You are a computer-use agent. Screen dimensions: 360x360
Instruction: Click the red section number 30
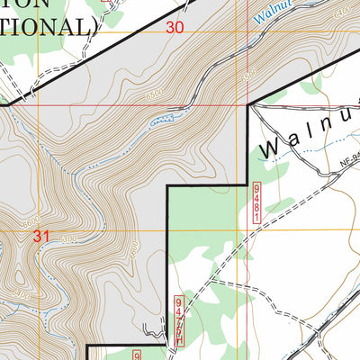click(x=175, y=28)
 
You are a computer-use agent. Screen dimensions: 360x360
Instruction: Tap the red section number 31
click(x=40, y=237)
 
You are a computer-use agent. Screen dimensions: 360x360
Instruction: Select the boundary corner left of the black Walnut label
click(x=247, y=105)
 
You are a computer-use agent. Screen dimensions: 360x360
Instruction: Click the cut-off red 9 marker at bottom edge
click(x=139, y=355)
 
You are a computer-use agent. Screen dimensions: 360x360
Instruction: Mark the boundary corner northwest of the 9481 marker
click(x=168, y=189)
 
